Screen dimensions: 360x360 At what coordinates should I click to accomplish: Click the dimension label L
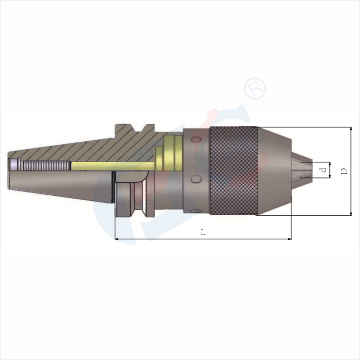[x=203, y=232]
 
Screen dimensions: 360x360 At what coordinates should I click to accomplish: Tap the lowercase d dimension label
[x=322, y=170]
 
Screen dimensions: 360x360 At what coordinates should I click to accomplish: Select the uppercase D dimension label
[x=343, y=171]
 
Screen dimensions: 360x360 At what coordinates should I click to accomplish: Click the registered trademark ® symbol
[x=255, y=88]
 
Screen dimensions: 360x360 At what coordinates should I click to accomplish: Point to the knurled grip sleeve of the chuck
[x=234, y=170]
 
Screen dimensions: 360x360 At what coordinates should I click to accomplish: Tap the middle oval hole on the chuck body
[x=196, y=179]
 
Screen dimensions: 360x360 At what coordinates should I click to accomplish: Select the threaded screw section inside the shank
[x=45, y=165]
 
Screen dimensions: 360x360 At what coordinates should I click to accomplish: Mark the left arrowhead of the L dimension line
[x=118, y=239]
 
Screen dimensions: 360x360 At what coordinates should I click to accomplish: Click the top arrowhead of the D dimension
[x=350, y=130]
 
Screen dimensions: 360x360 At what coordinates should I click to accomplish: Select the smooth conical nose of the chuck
[x=274, y=170]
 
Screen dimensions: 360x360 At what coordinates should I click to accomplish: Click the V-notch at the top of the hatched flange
[x=134, y=127]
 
